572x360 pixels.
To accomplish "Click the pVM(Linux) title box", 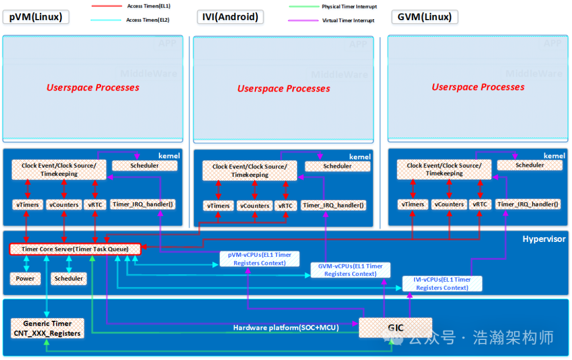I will pos(36,17).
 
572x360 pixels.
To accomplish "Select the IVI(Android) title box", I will pos(230,17).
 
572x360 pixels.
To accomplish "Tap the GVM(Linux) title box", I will pos(425,17).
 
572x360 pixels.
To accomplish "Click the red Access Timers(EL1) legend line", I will pos(108,6).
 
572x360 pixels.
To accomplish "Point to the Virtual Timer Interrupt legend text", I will pos(348,21).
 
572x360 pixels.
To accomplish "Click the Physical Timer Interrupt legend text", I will pos(349,6).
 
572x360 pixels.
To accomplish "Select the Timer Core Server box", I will pos(75,249).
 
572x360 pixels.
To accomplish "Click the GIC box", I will pos(396,328).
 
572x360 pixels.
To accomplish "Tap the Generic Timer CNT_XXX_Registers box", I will pos(47,328).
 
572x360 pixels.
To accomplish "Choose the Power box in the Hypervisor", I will pos(25,278).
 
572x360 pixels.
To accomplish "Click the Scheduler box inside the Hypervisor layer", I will pos(69,278).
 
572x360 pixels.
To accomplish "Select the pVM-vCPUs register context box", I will pos(260,259).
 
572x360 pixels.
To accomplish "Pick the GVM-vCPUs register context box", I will pos(350,270).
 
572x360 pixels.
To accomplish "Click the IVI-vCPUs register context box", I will pos(442,283).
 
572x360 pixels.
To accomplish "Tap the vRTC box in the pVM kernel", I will pos(95,205).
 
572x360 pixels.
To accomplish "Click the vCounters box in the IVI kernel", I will pos(254,206).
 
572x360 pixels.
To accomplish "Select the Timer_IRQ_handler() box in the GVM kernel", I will pos(528,204).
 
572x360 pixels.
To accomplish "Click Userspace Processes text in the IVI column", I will pos(283,88).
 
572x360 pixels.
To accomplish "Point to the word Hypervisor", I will pos(544,239).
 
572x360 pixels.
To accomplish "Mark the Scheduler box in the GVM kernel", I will pos(530,165).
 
